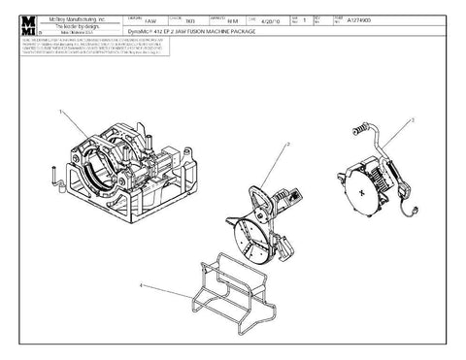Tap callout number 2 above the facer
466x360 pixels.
[x=288, y=145]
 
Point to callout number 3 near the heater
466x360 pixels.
[x=413, y=118]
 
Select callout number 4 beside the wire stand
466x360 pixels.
[x=142, y=285]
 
